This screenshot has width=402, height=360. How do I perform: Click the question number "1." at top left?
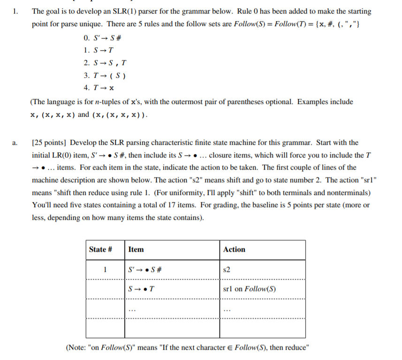click(15, 11)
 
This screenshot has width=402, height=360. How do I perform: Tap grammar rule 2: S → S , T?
click(105, 62)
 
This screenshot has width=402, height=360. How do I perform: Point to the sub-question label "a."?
click(15, 142)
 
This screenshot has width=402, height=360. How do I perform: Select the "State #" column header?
click(100, 250)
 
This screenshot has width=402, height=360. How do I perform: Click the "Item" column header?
click(136, 250)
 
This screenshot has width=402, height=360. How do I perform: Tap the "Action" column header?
click(234, 250)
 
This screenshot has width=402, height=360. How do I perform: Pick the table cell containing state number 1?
click(106, 270)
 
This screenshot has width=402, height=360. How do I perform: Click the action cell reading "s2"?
click(227, 270)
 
